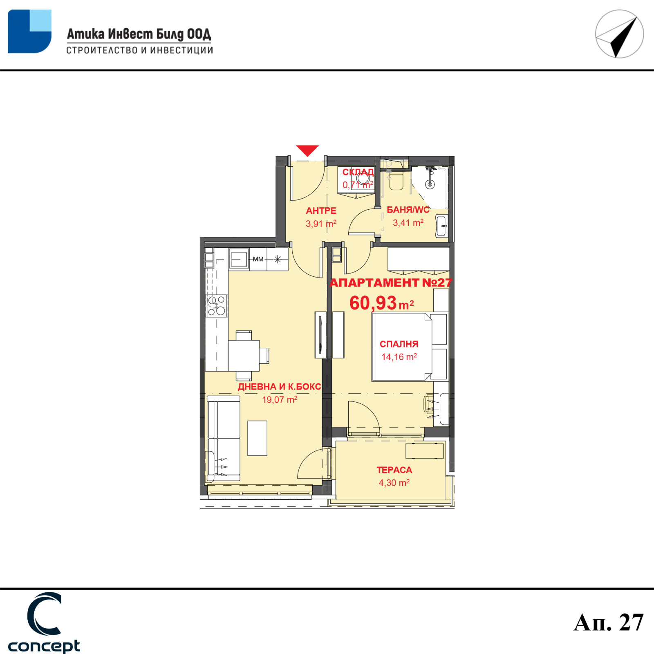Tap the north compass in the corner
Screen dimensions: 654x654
619,34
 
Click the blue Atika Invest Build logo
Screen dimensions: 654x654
30,31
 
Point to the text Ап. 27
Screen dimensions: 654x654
609,623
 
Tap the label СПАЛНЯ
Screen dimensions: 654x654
399,344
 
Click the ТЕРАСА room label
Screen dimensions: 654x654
394,470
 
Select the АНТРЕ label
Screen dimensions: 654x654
321,211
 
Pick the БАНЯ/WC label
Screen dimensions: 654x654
408,210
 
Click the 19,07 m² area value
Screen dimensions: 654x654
280,399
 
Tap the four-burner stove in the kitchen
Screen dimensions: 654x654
217,306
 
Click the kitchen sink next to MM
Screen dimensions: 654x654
239,259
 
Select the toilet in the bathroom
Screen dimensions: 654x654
396,180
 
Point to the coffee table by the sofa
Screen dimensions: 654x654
257,438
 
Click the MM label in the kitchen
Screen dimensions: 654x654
258,259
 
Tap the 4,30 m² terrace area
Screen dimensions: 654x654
394,483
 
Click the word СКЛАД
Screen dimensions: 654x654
358,172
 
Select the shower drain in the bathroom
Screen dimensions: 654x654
430,185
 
